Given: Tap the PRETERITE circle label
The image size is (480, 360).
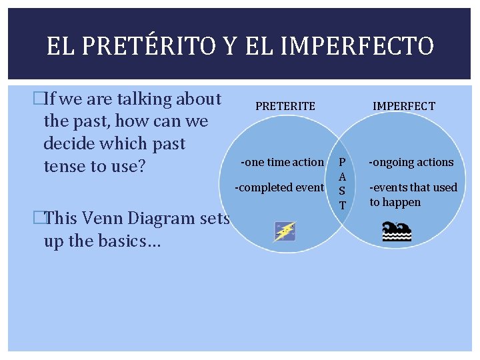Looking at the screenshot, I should [285, 106].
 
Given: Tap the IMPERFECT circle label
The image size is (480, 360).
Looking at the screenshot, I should [403, 106].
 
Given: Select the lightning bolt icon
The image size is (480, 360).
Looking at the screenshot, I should [285, 231].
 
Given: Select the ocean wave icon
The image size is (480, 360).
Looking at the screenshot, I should [396, 231].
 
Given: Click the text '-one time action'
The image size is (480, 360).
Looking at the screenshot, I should [282, 162].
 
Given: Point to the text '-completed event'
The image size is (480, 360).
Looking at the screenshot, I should [279, 187].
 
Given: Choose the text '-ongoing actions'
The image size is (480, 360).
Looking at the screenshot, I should [411, 162].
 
